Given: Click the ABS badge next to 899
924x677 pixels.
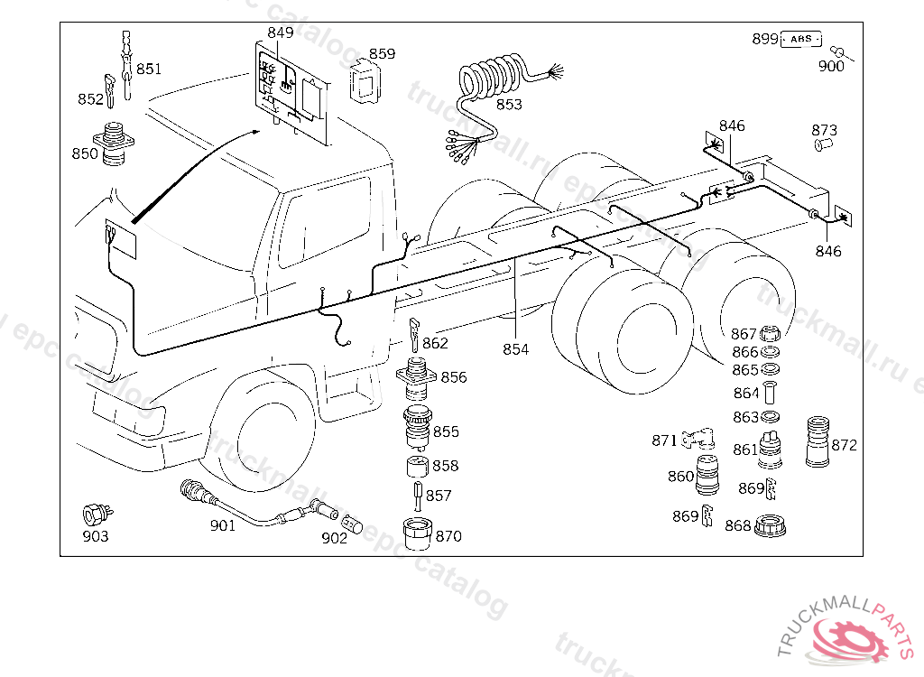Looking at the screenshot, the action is coord(801,40).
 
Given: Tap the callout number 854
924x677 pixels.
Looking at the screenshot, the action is coord(515,349).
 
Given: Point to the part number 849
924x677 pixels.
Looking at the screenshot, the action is coord(280,32).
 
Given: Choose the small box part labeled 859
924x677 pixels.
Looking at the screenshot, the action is coord(365,82).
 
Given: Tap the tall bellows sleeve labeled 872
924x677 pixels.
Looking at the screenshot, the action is coord(818,441).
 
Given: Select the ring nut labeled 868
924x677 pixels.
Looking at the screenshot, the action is coord(770,525).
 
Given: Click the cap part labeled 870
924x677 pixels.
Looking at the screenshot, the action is coord(418,533).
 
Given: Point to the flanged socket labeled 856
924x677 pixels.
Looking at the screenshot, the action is coord(417,378).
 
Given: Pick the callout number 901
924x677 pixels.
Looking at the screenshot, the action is coord(223,525).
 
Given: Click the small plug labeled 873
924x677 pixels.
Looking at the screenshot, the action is coord(823,144).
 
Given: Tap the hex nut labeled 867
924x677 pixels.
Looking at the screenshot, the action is coord(770,333).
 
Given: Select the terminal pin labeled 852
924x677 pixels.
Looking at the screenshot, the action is coord(110,90).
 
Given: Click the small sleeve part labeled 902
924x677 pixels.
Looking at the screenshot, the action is coord(353,524).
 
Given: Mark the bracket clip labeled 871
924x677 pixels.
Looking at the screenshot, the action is coord(698,438).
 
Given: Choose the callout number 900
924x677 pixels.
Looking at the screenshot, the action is coord(831,66).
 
